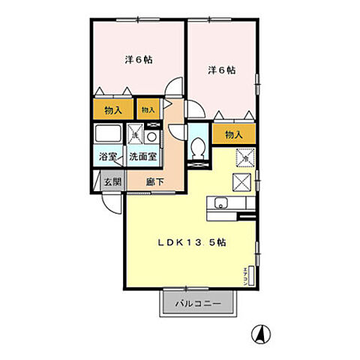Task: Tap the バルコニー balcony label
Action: pyautogui.click(x=199, y=304)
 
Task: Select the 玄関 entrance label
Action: pyautogui.click(x=112, y=181)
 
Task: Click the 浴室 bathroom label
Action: pyautogui.click(x=108, y=157)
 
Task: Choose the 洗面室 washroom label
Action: pyautogui.click(x=142, y=157)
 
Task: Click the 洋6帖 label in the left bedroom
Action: pyautogui.click(x=139, y=60)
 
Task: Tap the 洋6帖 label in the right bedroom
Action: pyautogui.click(x=221, y=70)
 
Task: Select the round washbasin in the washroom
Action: pyautogui.click(x=152, y=136)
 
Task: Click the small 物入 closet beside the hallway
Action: pyautogui.click(x=148, y=109)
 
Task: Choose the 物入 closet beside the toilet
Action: pyautogui.click(x=233, y=135)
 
